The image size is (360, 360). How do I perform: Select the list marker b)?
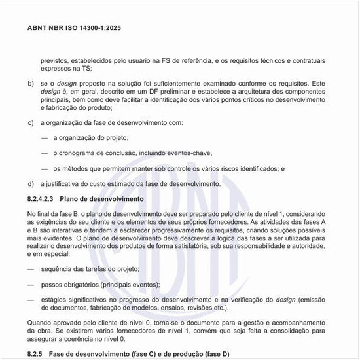[x=31, y=84]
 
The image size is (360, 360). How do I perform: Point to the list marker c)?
[x=31, y=122]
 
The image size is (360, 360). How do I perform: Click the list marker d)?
[x=31, y=184]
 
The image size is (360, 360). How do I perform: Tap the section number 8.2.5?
[x=37, y=354]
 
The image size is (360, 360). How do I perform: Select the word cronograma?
[x=79, y=153]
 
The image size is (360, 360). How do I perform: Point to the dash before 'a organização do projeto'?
[x=45, y=138]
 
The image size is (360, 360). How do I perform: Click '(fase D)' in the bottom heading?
[x=213, y=354]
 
